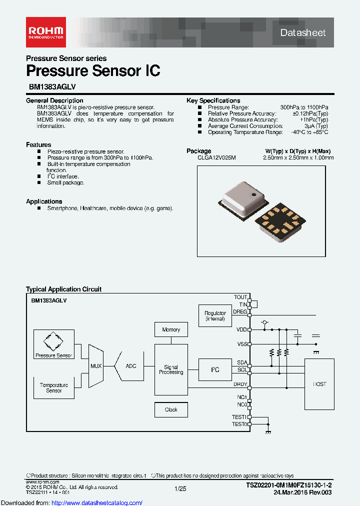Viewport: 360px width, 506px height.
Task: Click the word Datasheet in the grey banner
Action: click(303, 33)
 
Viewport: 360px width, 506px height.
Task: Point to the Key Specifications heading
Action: click(213, 100)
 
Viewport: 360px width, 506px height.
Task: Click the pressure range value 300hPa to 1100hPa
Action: click(304, 107)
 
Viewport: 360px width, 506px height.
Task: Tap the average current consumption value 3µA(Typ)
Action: click(317, 126)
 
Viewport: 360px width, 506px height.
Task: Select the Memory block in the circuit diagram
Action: click(171, 330)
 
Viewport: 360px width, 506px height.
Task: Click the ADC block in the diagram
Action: click(130, 366)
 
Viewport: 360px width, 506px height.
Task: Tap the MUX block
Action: click(96, 366)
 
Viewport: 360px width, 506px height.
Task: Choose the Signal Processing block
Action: click(171, 369)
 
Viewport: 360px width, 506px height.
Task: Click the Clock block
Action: click(171, 409)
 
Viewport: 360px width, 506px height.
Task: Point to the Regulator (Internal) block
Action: click(215, 315)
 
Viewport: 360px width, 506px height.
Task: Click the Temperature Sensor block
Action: click(54, 387)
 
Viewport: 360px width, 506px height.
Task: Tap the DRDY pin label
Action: click(240, 384)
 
